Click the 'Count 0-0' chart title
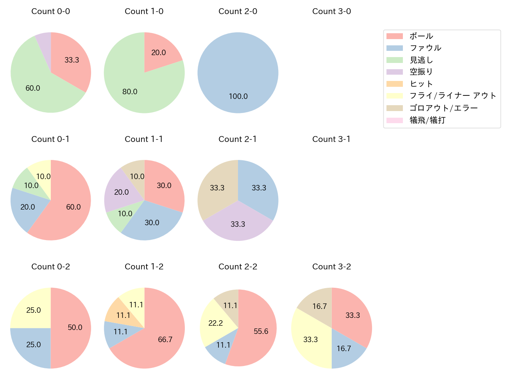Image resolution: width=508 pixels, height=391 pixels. [51, 11]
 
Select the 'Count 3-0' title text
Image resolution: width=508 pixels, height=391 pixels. [331, 11]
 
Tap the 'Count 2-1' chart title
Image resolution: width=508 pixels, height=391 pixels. [238, 139]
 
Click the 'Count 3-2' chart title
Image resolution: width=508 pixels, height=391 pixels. [331, 267]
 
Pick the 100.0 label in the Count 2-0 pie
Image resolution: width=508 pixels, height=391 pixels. [238, 96]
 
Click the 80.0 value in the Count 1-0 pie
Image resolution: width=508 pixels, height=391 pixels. [130, 91]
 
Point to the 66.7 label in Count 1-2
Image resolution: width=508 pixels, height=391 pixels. [165, 339]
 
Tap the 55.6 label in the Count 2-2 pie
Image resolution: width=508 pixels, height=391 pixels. [261, 332]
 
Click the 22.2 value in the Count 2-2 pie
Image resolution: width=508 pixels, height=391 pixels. [215, 323]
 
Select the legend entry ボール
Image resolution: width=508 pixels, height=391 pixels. [421, 36]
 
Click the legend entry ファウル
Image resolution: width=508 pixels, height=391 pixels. [425, 48]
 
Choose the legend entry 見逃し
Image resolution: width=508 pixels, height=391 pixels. [421, 60]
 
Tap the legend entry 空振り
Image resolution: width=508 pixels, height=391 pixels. [421, 72]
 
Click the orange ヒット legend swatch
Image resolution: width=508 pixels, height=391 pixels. [394, 84]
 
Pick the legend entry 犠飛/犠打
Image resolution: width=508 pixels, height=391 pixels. [428, 120]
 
